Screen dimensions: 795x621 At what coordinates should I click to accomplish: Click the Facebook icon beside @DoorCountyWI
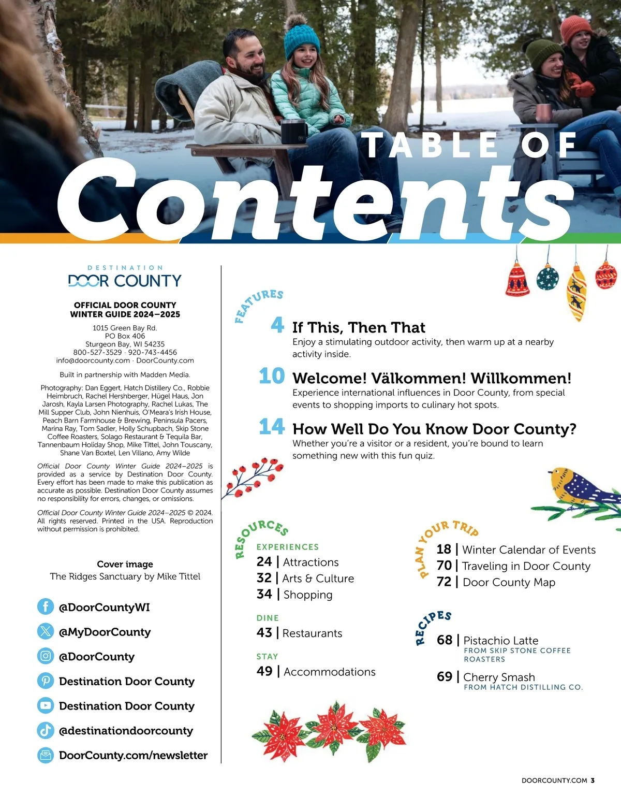point(46,606)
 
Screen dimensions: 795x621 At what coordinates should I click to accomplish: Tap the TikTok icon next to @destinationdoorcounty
point(46,730)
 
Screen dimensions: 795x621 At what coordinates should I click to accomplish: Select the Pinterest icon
point(46,681)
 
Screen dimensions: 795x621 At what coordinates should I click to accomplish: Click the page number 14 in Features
point(272,427)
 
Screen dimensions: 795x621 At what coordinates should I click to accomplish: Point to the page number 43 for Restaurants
point(264,632)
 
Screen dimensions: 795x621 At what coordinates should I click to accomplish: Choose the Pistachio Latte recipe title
point(500,641)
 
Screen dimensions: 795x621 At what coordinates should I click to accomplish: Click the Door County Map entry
point(509,582)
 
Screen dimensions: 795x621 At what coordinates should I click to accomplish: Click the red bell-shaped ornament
point(517,280)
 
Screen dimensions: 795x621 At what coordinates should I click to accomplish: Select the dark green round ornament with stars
point(548,278)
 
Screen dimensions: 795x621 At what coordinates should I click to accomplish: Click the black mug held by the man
point(293,131)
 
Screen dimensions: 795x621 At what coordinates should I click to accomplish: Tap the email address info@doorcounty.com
point(93,360)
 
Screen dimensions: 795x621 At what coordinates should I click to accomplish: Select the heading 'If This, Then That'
point(359,328)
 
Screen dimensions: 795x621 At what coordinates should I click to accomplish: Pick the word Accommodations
point(330,672)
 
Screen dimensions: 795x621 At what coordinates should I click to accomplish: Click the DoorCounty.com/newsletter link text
point(133,755)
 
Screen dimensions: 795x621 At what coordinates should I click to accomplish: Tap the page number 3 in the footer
point(593,780)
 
